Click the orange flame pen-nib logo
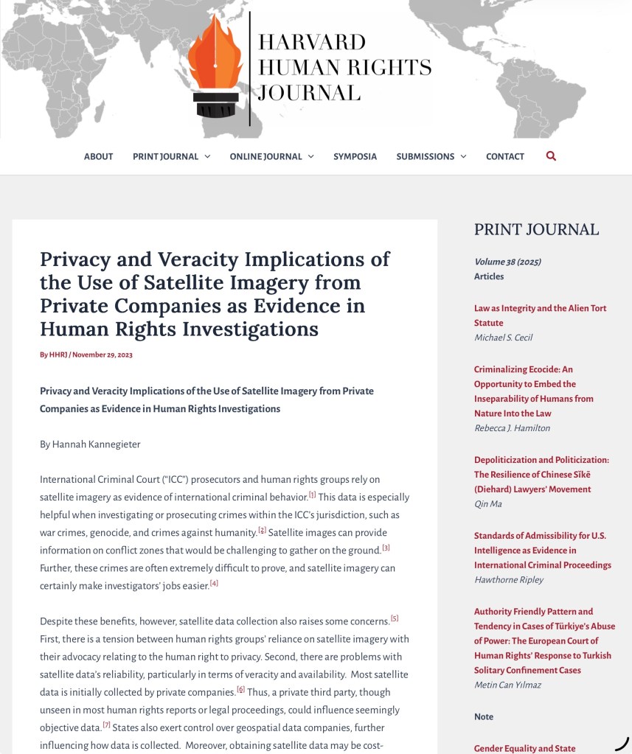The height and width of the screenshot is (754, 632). (x=215, y=66)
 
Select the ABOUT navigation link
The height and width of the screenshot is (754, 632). (x=98, y=156)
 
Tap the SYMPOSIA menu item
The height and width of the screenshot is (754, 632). (x=355, y=156)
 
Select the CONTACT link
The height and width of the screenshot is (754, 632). (x=505, y=156)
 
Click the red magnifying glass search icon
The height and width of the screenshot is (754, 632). (x=551, y=156)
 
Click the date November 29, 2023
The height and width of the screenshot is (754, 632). (x=103, y=355)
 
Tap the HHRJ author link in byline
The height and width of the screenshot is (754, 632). (x=58, y=355)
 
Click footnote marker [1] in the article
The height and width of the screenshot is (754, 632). (x=312, y=495)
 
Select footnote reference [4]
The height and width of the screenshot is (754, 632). (x=214, y=583)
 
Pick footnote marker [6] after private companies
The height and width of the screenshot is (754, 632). (x=240, y=690)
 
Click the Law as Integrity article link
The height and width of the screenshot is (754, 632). (x=540, y=315)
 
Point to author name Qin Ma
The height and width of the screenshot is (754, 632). (x=487, y=503)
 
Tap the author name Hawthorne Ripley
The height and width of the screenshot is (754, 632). (x=508, y=579)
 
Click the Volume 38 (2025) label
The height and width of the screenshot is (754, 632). (x=507, y=262)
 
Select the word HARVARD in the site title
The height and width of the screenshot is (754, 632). (x=312, y=41)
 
